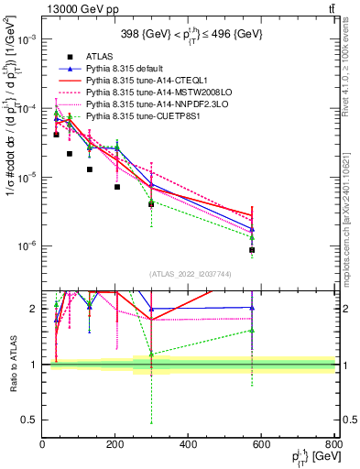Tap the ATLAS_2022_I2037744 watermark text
click(189, 274)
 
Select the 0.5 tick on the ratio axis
click(33, 420)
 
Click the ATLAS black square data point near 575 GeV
click(252, 250)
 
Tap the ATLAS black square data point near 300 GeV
click(151, 204)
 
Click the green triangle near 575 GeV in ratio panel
click(252, 331)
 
